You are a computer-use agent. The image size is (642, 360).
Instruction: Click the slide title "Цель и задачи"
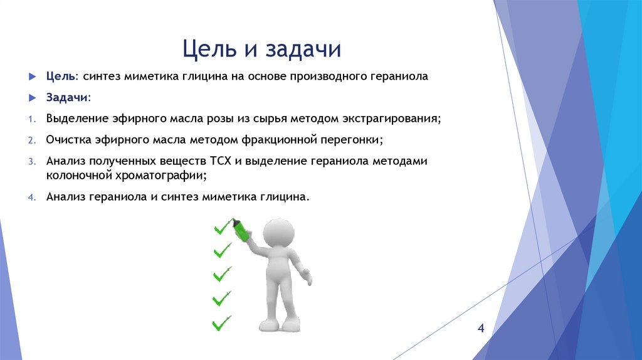(261, 48)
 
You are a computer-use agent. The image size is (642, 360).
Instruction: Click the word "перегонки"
(354, 139)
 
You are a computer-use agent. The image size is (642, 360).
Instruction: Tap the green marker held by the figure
(240, 230)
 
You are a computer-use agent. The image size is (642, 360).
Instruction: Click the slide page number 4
(481, 329)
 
